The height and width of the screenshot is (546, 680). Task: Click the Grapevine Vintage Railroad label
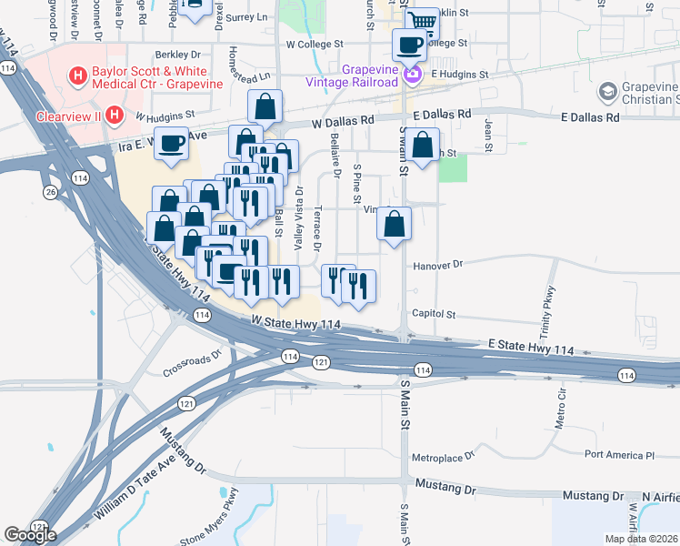click(x=370, y=76)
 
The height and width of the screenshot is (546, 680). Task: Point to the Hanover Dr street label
click(x=438, y=264)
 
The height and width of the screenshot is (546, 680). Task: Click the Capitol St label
click(x=433, y=314)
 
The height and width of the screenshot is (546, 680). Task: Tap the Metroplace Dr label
click(x=444, y=456)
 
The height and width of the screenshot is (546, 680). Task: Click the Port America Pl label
click(x=619, y=454)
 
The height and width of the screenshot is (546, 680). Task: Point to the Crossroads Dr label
click(x=192, y=364)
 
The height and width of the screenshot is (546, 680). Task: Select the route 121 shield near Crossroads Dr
click(x=186, y=403)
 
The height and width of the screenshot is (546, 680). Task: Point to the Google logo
click(x=29, y=535)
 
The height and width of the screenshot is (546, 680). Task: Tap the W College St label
click(x=314, y=43)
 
